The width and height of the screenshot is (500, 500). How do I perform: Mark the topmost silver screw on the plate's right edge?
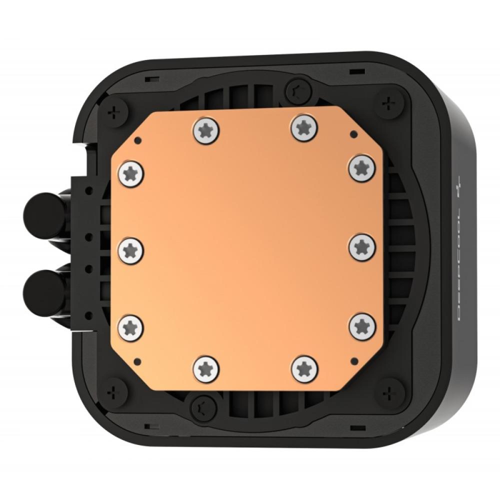click(362, 167)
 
